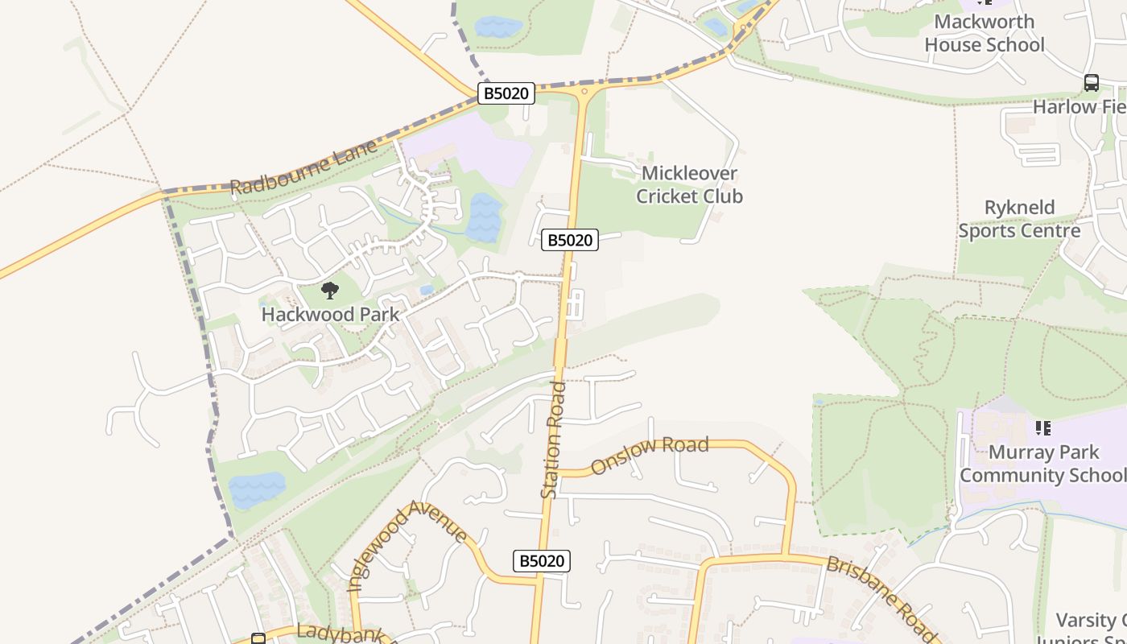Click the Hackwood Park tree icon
point(329,291)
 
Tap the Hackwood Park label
point(330,314)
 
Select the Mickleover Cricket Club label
point(689,185)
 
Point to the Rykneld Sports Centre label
point(1019,219)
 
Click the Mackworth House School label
point(984,33)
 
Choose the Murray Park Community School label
point(1043,464)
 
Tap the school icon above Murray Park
point(1043,428)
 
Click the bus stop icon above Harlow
point(1091,82)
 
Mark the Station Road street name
point(555,440)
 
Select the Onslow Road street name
point(650,455)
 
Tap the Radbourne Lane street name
point(303,167)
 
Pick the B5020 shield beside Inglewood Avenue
point(541,561)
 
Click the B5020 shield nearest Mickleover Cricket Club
point(570,239)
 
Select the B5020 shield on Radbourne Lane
point(506,93)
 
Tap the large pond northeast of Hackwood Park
point(483,218)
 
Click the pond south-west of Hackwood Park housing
point(257,489)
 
